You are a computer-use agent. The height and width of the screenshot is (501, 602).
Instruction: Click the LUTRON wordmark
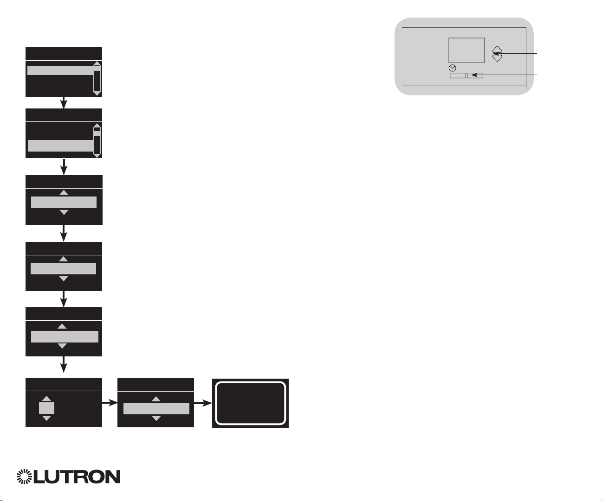76,477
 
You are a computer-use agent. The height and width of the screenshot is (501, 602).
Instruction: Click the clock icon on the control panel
453,68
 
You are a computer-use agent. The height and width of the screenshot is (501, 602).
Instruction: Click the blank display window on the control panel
466,50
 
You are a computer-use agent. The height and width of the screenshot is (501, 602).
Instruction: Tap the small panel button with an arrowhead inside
475,75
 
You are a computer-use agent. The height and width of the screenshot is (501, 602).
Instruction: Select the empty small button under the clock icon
458,75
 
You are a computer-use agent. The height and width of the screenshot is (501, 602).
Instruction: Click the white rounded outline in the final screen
250,403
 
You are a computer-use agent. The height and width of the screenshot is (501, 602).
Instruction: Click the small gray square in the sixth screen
46,408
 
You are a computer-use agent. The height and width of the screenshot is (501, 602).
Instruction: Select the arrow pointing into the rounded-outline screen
203,403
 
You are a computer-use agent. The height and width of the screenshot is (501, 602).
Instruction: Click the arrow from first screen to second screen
64,102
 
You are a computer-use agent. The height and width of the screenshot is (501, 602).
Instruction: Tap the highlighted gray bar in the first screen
61,70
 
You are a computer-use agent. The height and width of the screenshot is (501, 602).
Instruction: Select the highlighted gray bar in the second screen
61,146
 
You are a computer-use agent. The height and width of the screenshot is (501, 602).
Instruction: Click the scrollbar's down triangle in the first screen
97,94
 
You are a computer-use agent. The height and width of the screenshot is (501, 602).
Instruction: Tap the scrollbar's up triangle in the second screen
97,125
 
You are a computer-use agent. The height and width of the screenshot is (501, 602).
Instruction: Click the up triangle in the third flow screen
64,192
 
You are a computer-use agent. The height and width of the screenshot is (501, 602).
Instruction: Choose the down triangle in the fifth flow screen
62,346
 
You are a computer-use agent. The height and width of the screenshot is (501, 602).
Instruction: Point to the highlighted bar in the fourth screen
63,268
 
